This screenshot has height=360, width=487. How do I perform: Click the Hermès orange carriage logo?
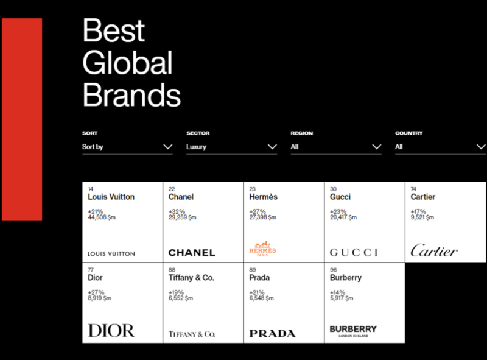click(262, 249)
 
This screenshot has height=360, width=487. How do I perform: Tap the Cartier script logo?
click(434, 250)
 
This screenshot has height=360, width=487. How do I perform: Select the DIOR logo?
click(111, 331)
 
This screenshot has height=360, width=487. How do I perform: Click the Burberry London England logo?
click(353, 331)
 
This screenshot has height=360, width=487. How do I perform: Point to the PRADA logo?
click(272, 334)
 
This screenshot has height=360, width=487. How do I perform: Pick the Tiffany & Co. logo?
click(192, 334)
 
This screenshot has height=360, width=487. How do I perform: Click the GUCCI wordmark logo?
click(354, 252)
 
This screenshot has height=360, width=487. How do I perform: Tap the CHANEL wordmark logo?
click(192, 253)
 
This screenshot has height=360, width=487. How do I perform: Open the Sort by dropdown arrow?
click(168, 147)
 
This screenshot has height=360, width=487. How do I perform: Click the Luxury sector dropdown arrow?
click(272, 147)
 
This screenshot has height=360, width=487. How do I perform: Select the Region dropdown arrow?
click(377, 147)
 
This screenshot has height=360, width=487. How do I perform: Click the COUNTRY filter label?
click(408, 133)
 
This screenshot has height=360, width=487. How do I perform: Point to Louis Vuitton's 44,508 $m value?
click(102, 217)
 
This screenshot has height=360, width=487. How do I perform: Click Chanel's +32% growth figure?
click(177, 211)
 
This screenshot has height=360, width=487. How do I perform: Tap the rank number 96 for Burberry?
click(333, 270)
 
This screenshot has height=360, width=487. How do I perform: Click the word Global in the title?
click(127, 63)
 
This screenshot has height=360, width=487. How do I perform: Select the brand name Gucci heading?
click(340, 197)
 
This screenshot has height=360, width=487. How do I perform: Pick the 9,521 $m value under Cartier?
click(422, 217)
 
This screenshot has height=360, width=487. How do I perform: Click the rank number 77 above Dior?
click(91, 270)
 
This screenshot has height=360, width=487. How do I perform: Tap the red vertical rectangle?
click(22, 119)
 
